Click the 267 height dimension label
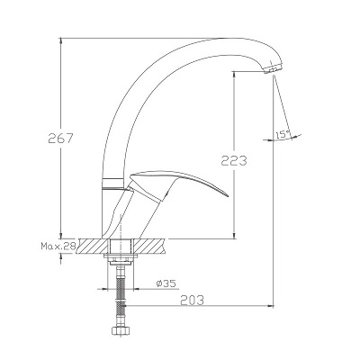click(60, 139)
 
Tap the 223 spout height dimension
click(234, 160)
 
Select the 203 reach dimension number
click(192, 300)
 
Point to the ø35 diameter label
click(166, 283)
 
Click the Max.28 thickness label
click(58, 247)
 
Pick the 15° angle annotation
click(283, 135)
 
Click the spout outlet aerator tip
click(273, 68)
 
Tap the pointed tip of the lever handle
click(228, 196)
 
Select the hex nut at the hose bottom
click(121, 330)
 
